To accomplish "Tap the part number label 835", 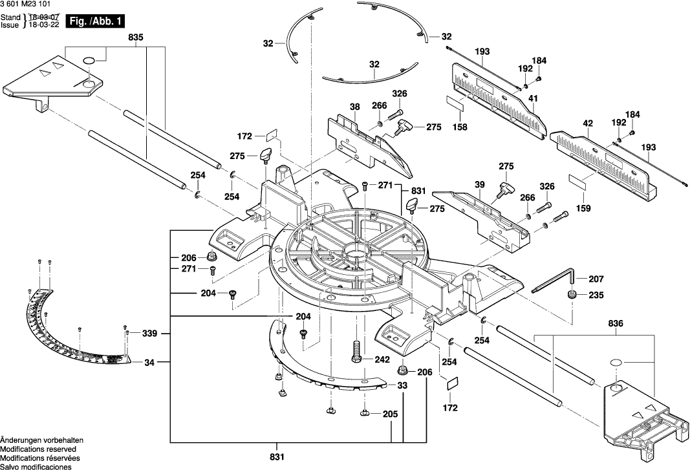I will point(136,38).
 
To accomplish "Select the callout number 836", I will point(617,322).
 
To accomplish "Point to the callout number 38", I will point(354,107).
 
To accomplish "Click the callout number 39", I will point(479,185).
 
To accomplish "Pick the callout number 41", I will point(534,98).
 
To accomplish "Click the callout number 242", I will point(382,359).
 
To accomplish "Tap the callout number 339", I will point(149,334).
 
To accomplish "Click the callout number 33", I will point(402,385).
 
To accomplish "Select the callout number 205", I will point(390,414).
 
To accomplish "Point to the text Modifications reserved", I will point(38,449).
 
